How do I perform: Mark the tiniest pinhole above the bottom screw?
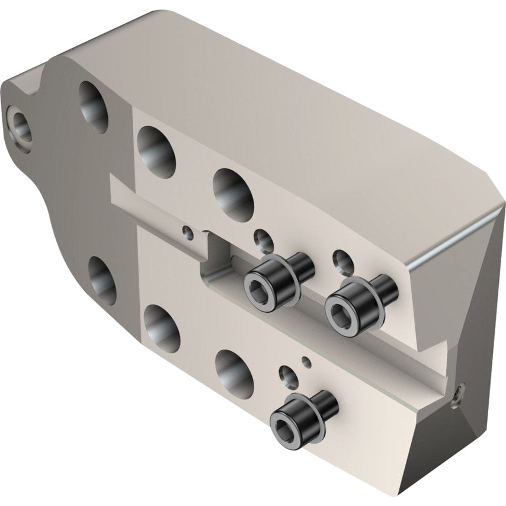306,361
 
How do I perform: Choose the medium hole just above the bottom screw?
289,376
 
